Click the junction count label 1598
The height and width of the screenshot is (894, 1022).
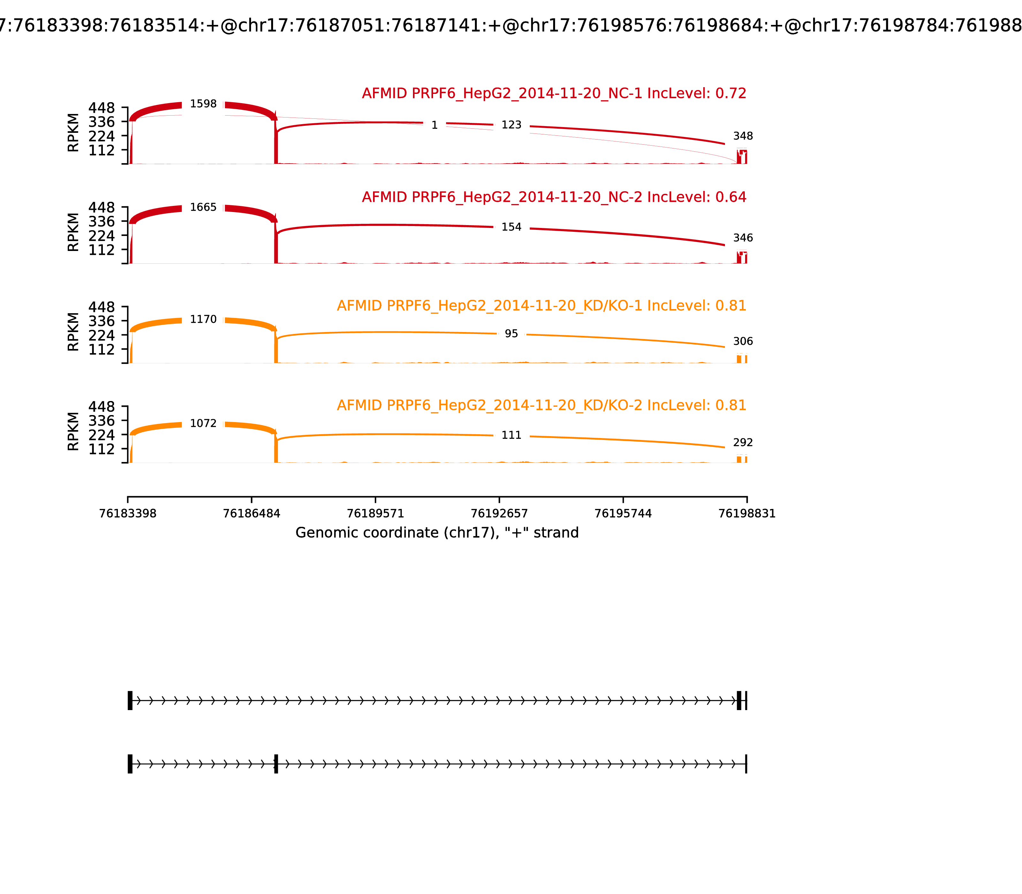pos(203,104)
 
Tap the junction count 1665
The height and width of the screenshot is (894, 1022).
pos(203,207)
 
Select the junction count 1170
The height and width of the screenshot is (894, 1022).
pos(203,319)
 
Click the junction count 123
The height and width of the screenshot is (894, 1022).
pos(511,125)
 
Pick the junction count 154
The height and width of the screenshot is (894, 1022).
pos(511,227)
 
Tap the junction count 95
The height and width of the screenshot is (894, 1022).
pos(511,334)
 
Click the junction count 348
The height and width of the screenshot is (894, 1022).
pos(743,136)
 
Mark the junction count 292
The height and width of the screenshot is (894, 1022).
pos(743,443)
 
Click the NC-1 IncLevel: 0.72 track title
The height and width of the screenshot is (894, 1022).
pos(554,93)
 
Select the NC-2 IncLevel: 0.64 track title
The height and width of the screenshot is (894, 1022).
pos(554,197)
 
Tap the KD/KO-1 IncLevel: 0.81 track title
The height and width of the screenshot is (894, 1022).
pos(541,306)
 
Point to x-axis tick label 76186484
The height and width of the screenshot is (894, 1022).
pos(252,514)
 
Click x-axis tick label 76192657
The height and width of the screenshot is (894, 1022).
pos(499,514)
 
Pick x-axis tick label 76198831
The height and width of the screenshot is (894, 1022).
pos(747,514)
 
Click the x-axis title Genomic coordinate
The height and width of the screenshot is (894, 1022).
pos(437,533)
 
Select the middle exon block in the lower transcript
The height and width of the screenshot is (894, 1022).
pos(276,764)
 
